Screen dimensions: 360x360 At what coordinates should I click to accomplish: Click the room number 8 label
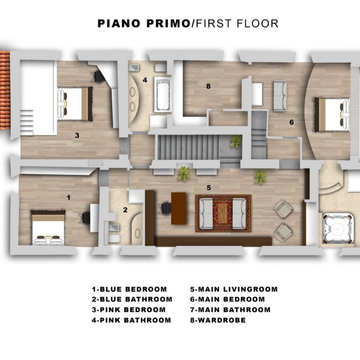pyautogui.click(x=208, y=86)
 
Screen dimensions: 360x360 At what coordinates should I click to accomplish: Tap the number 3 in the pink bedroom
pyautogui.click(x=77, y=135)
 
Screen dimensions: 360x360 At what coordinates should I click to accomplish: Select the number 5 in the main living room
pyautogui.click(x=209, y=188)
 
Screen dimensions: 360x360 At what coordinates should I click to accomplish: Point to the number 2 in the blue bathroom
pyautogui.click(x=125, y=209)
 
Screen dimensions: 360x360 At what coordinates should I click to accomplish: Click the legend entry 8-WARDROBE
pyautogui.click(x=218, y=320)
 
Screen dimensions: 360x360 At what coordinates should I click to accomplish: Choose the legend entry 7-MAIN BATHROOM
pyautogui.click(x=230, y=310)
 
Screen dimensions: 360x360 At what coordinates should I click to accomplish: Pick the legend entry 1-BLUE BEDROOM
pyautogui.click(x=129, y=289)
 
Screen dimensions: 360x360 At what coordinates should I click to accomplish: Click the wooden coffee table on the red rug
pyautogui.click(x=223, y=213)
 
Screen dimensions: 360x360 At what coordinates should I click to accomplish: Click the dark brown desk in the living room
pyautogui.click(x=178, y=208)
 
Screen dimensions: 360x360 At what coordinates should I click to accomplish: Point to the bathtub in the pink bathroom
pyautogui.click(x=163, y=94)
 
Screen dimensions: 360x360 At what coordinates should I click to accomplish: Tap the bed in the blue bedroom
pyautogui.click(x=48, y=228)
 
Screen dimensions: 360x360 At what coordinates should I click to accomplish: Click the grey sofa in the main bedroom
pyautogui.click(x=280, y=96)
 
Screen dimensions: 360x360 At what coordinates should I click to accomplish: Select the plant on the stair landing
pyautogui.click(x=236, y=141)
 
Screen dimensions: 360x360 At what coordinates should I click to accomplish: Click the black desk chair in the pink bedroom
pyautogui.click(x=98, y=76)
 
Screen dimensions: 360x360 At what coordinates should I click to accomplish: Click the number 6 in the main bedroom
pyautogui.click(x=291, y=122)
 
